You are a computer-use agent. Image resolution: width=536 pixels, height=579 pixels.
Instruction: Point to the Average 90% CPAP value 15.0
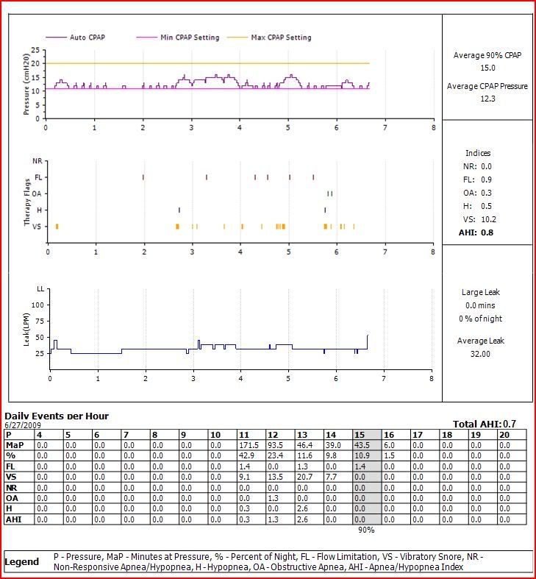[x=487, y=68]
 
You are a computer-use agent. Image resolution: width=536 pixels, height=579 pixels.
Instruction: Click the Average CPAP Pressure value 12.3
[x=487, y=99]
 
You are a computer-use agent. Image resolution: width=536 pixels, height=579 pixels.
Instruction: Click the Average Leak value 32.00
[x=482, y=354]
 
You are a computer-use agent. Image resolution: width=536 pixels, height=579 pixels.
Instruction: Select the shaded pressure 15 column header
[x=365, y=435]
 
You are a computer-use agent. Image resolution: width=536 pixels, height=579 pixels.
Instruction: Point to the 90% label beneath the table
[x=366, y=530]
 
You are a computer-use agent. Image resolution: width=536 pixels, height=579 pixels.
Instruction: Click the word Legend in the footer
[x=22, y=562]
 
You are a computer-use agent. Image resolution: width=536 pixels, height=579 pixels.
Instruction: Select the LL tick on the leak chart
[x=41, y=289]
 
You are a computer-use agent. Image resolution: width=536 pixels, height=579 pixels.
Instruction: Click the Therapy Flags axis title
[x=27, y=203]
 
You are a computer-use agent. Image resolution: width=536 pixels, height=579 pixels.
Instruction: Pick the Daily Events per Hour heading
[x=57, y=416]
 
